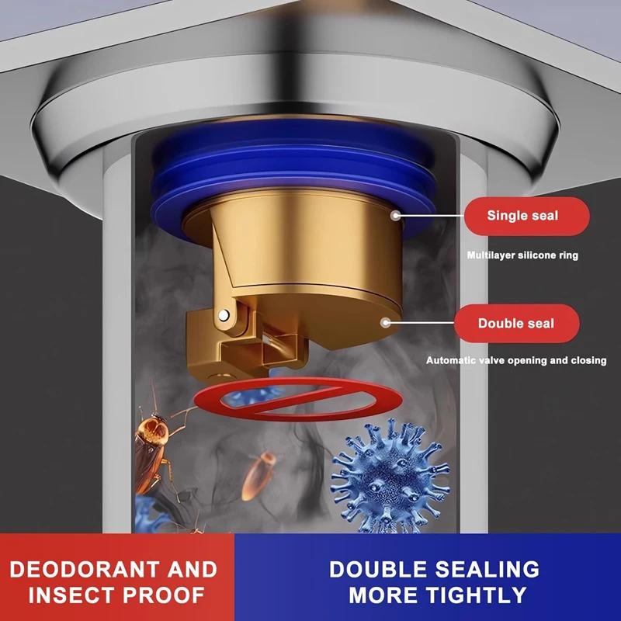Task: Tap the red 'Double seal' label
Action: point(516,323)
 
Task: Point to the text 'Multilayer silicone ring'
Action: point(522,255)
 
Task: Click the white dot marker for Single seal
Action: point(396,215)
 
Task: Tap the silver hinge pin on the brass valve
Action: point(224,314)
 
